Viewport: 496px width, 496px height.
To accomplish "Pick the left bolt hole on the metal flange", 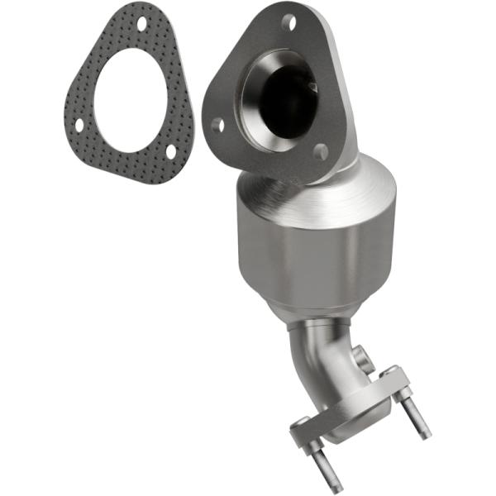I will tap(217, 126).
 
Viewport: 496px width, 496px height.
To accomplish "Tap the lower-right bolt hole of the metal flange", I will tap(321, 150).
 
